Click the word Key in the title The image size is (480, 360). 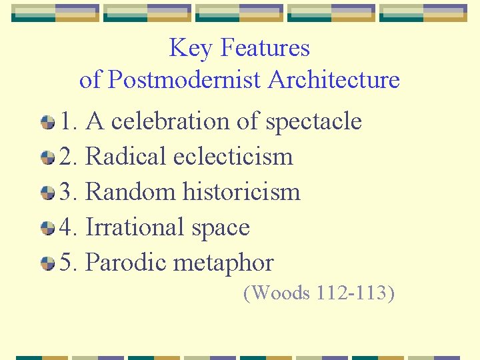click(x=191, y=48)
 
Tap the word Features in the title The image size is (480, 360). click(x=265, y=48)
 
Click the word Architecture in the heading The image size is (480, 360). click(x=334, y=80)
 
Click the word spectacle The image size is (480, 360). click(x=313, y=121)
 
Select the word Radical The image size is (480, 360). click(x=126, y=157)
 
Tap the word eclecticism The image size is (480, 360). click(x=233, y=157)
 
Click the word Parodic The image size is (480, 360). click(x=126, y=263)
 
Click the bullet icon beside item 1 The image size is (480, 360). click(x=47, y=122)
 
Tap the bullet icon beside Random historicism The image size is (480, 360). click(x=47, y=193)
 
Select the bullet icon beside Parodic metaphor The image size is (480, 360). click(x=47, y=263)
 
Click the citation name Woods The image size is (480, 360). click(x=277, y=293)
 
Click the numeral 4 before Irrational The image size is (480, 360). click(x=66, y=227)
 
